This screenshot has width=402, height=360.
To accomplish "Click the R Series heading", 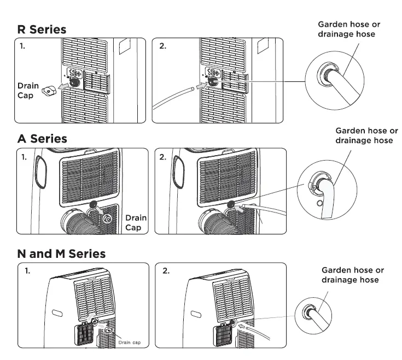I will (42, 29).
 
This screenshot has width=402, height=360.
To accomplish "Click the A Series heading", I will (42, 139).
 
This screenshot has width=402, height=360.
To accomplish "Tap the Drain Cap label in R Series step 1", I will (28, 90).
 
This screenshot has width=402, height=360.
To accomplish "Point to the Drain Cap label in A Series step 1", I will (136, 222).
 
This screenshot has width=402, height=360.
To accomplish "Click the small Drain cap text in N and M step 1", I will (130, 343).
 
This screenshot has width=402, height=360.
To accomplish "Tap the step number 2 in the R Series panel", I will (162, 46).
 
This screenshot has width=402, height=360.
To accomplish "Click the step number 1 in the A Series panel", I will (24, 157).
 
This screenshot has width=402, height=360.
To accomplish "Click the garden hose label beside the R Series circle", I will (349, 29).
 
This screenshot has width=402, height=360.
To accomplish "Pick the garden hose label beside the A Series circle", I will (366, 135).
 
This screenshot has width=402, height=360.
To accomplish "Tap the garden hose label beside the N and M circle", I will (352, 275).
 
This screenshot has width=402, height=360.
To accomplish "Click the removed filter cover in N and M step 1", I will (86, 331).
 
